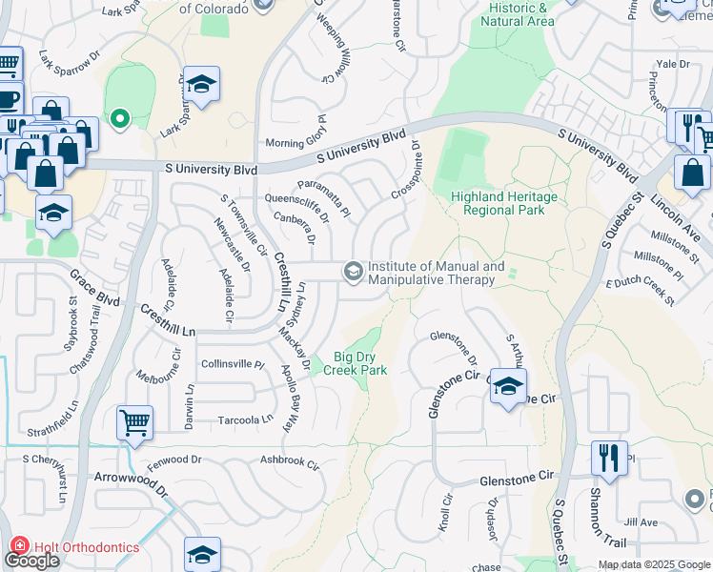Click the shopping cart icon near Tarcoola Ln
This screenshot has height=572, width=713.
[x=134, y=422]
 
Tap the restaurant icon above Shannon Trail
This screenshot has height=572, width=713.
[x=606, y=458]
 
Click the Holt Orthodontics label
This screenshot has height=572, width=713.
[x=85, y=547]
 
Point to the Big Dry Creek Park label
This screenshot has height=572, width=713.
[x=359, y=363]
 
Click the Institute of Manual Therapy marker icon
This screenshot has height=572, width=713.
[x=353, y=273]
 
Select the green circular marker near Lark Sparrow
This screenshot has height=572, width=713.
[x=119, y=119]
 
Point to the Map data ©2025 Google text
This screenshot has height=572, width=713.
[x=653, y=564]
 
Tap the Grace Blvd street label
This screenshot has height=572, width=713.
[x=93, y=287]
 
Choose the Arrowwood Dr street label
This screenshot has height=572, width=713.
[x=130, y=482]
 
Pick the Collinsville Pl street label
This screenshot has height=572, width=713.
[x=233, y=364]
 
